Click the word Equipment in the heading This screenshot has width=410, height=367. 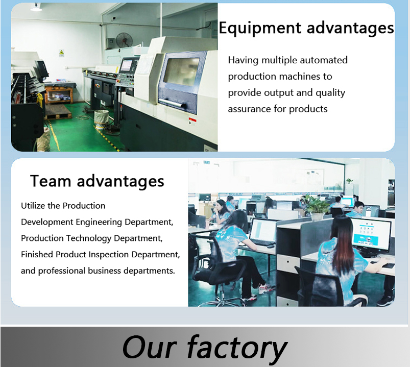[260, 28]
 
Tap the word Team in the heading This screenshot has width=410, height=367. [51, 181]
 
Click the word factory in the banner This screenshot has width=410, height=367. [237, 348]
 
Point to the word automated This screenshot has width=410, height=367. [324, 60]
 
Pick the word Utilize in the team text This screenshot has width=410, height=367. [33, 206]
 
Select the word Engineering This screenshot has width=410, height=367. [99, 222]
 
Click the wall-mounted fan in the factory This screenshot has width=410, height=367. [124, 40]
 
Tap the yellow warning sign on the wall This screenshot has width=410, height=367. [61, 53]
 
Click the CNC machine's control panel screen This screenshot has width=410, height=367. [127, 65]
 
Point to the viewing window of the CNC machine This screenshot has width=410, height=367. [181, 72]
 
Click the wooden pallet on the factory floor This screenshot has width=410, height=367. [58, 112]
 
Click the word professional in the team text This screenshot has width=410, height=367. [62, 271]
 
